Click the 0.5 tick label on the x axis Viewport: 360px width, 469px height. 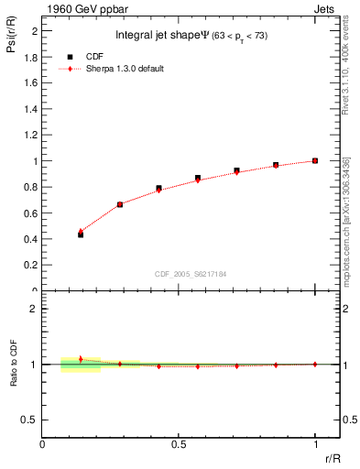pyautogui.click(x=179, y=444)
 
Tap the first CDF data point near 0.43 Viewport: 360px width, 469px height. pyautogui.click(x=81, y=235)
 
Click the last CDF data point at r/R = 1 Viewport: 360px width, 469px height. pyautogui.click(x=314, y=160)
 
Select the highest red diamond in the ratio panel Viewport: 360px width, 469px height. pyautogui.click(x=81, y=359)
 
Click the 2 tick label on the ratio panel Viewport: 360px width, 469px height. pyautogui.click(x=33, y=309)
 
